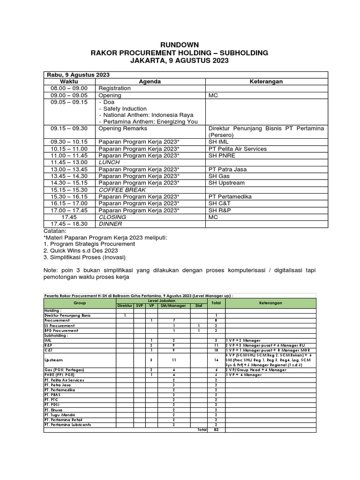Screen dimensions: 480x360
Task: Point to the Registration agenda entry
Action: point(114,88)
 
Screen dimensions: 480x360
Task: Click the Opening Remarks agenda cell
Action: point(123,128)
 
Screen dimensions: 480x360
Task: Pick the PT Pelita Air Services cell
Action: point(237,149)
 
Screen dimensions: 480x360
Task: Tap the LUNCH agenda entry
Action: point(109,163)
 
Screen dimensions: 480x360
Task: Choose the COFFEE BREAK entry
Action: point(122,190)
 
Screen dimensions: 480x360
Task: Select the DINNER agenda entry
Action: point(110,224)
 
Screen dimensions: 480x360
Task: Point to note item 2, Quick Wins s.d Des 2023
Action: point(80,251)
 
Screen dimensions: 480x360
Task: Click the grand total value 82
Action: point(216,429)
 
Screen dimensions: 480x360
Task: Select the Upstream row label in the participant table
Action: point(52,360)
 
